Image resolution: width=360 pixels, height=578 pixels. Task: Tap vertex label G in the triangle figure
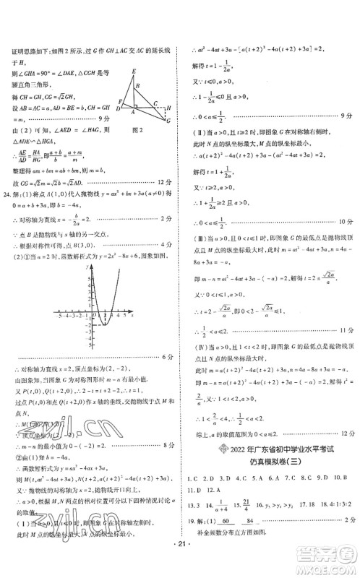[x=168, y=122]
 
